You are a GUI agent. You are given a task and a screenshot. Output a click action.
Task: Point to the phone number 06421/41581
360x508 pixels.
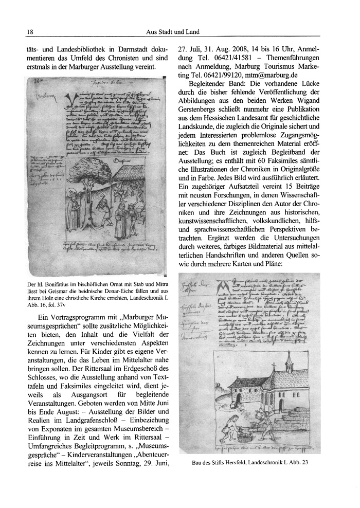[226, 59]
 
